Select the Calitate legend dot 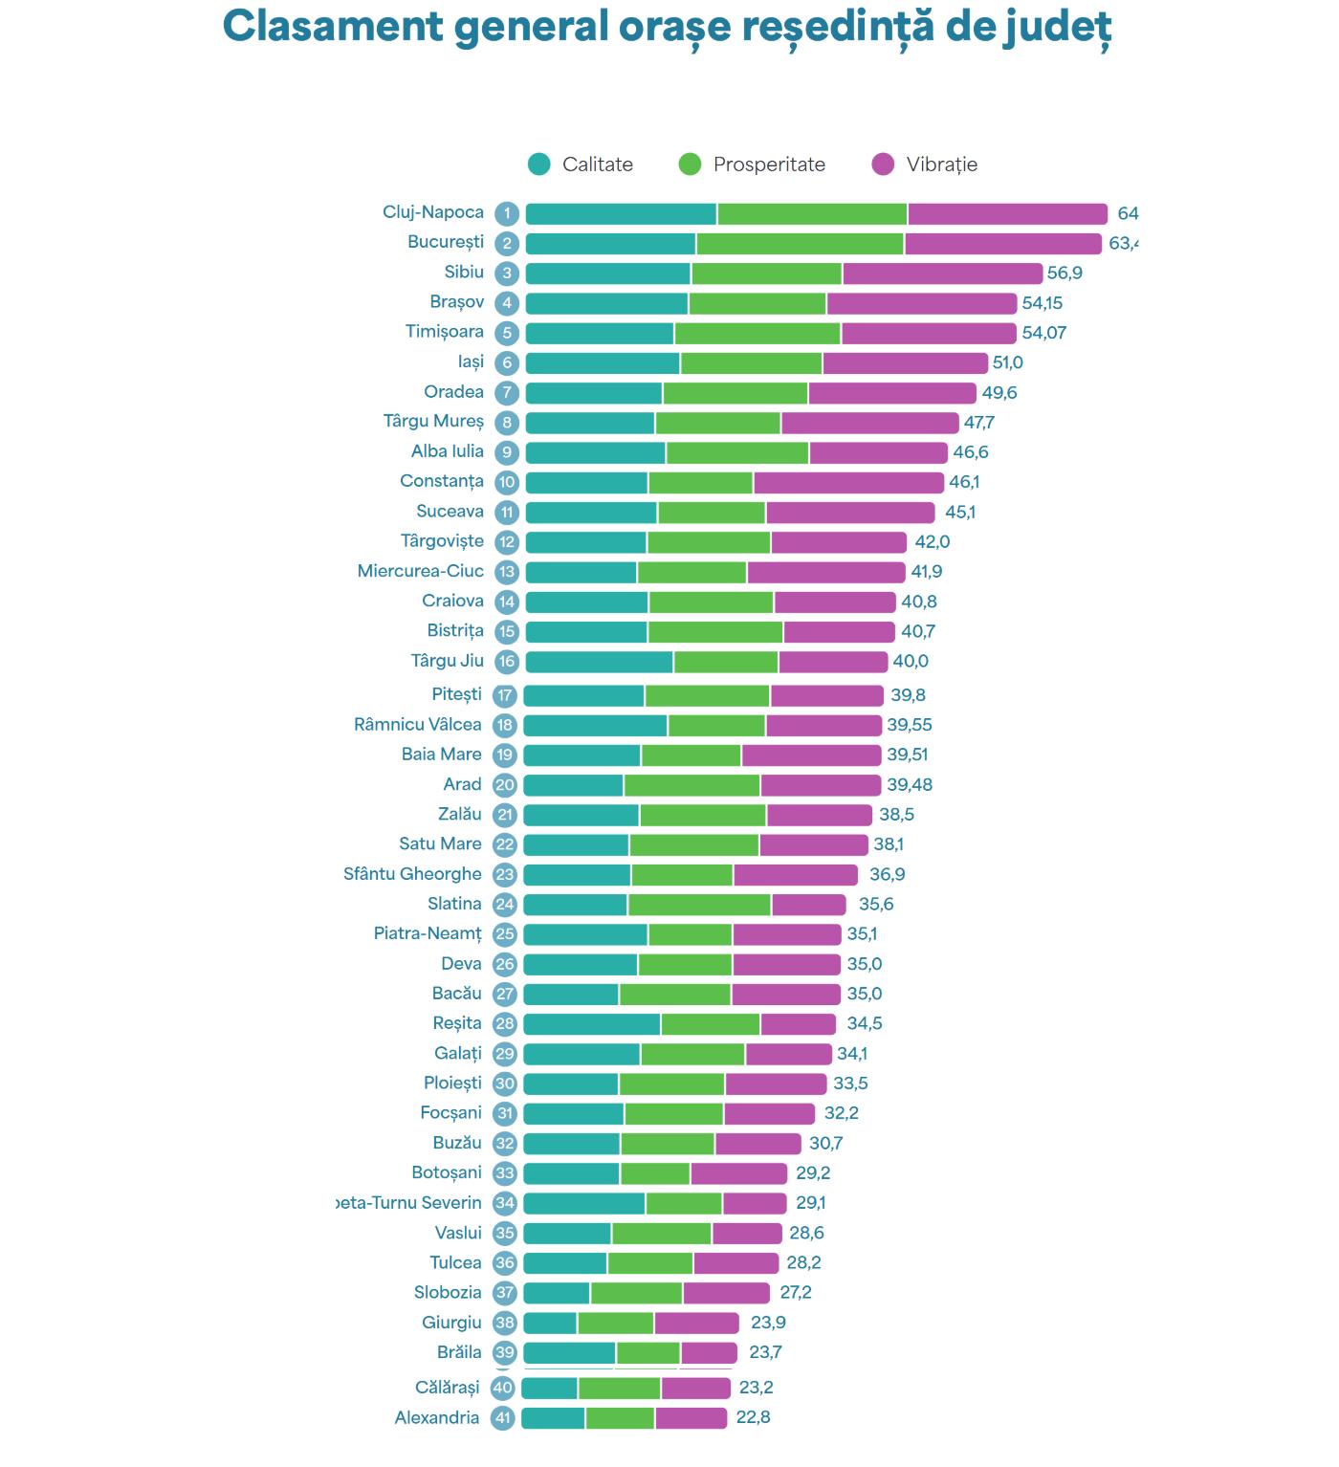539,164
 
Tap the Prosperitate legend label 769,164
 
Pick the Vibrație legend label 942,164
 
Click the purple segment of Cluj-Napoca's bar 1007,214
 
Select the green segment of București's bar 800,244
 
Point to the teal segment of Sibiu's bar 607,274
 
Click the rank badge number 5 507,333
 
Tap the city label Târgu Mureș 433,422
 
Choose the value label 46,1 964,482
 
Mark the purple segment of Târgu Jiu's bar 833,662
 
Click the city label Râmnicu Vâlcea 418,725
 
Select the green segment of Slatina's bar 699,905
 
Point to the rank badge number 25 505,934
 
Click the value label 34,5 865,1024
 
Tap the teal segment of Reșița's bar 591,1024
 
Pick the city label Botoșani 447,1173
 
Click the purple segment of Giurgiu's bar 696,1324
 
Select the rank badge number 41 503,1418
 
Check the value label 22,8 753,1418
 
